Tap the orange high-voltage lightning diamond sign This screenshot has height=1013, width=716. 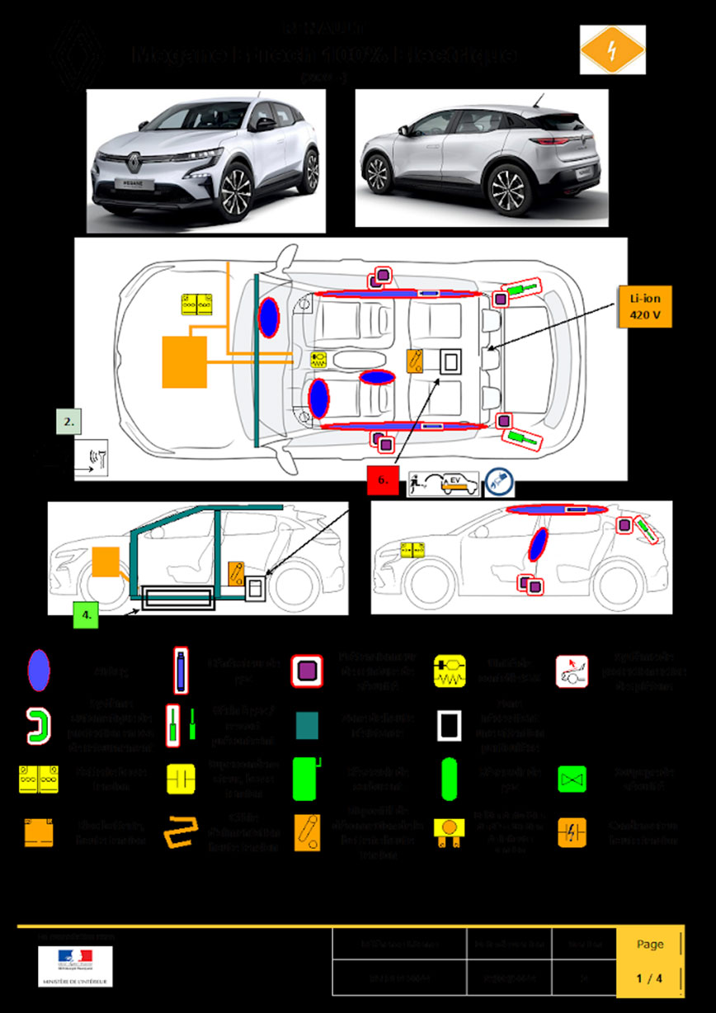click(612, 49)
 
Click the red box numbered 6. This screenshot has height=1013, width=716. click(383, 481)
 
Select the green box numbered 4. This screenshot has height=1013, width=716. click(86, 615)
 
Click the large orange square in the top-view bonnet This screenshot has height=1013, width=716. click(184, 361)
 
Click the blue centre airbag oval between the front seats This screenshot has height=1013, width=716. click(374, 377)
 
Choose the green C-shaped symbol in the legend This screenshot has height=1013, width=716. click(37, 723)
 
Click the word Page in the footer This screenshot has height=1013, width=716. click(650, 945)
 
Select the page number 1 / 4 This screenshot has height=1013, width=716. click(649, 979)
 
